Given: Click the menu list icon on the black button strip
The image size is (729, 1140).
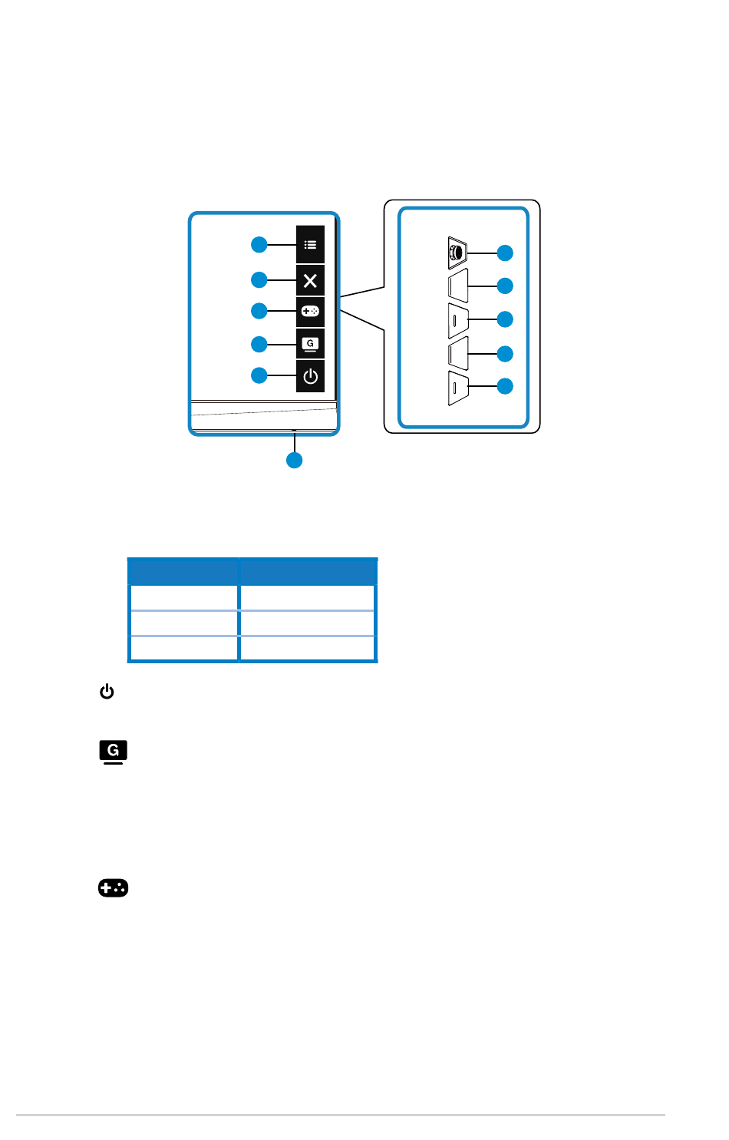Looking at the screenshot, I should pos(310,245).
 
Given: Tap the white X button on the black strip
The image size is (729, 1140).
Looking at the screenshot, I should pos(310,281).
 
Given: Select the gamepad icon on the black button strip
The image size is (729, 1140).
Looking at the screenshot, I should pos(310,312).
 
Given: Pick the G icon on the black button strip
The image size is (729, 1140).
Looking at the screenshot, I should pos(310,344).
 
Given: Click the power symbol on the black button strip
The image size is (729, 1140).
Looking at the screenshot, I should pos(310,376).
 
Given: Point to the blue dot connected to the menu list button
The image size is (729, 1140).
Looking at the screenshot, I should pos(259,245).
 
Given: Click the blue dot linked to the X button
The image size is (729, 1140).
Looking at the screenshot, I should pos(259,280).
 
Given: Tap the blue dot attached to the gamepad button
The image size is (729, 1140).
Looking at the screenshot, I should pos(259,311).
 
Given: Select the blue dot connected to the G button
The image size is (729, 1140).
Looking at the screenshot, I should pos(259,344).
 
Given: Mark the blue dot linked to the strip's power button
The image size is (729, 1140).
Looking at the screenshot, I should pos(259,375).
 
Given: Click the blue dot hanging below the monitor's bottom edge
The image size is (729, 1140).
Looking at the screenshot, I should pos(294,461).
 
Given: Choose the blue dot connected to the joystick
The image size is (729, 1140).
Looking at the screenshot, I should pos(505,253).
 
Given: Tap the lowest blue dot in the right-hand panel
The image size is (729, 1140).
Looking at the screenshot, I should pos(505,386).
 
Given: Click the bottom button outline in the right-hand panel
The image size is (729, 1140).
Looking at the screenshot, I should pos(457,388).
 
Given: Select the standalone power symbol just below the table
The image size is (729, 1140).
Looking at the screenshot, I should pos(107,692).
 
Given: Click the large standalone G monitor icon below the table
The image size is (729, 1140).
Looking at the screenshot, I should pos(113,752).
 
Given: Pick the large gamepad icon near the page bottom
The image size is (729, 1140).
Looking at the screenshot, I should pos(113,888).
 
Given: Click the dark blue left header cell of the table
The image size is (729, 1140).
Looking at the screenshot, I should pos(183,572).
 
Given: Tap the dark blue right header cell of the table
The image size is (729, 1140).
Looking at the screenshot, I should pos(308,572).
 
